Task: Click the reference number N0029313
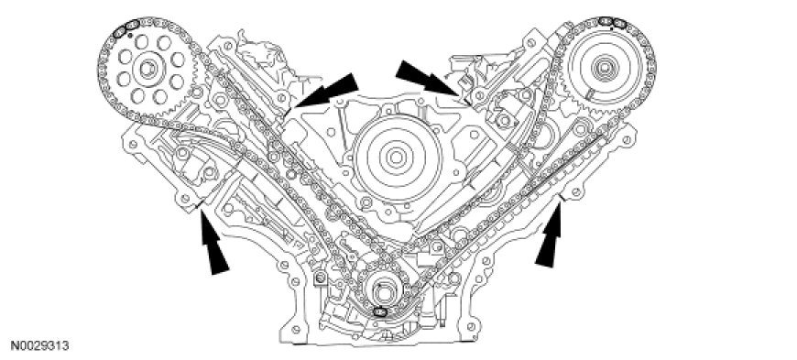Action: (40, 346)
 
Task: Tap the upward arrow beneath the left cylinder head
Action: (213, 242)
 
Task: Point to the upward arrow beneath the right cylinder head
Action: (550, 235)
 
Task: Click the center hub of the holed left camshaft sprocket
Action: (147, 69)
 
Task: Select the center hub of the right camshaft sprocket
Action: (604, 67)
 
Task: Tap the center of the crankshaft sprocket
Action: (381, 291)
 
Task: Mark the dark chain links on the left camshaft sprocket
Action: (125, 28)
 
